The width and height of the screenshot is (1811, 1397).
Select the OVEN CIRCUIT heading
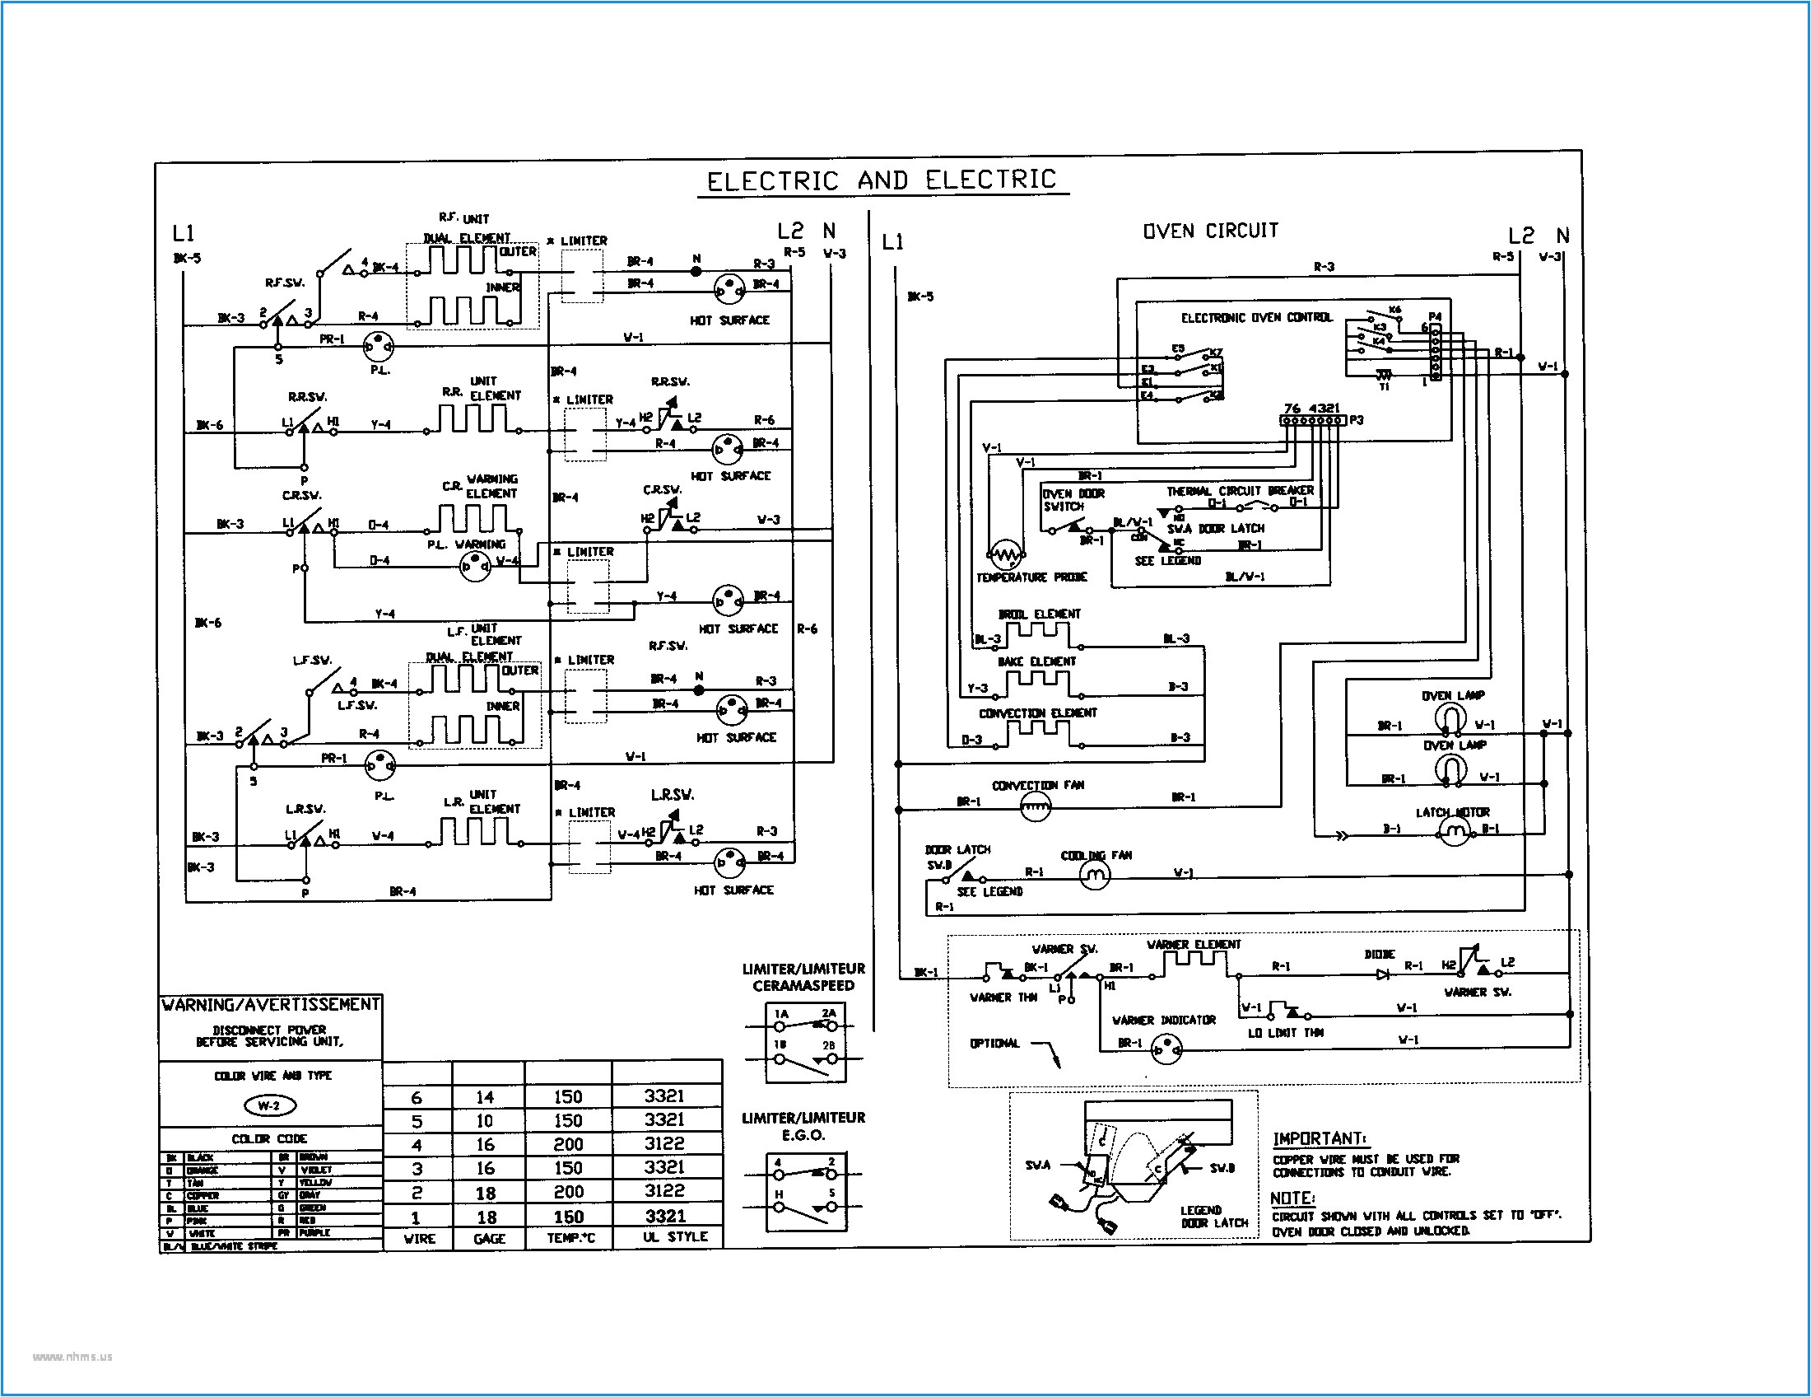click(x=1210, y=231)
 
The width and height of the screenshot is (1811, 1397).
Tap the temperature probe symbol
click(x=1006, y=554)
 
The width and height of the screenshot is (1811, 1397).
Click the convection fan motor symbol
click(x=1034, y=806)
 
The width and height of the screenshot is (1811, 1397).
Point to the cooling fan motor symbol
click(x=1094, y=876)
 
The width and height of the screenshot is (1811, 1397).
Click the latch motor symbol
click(x=1453, y=830)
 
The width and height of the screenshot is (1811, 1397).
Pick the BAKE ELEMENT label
click(x=1036, y=661)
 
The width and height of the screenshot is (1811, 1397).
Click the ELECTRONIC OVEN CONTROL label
click(x=1255, y=318)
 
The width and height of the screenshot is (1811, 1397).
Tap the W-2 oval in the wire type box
click(x=269, y=1105)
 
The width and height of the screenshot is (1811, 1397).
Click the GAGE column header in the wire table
click(x=488, y=1238)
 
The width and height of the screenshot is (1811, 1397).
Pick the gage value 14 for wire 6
click(x=485, y=1096)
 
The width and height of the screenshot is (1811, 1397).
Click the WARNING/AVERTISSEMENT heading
click(x=270, y=1005)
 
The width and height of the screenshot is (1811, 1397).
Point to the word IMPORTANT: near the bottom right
click(x=1320, y=1138)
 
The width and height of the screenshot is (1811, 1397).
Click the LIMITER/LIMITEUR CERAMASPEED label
click(x=803, y=977)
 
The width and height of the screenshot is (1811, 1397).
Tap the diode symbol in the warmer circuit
click(x=1382, y=974)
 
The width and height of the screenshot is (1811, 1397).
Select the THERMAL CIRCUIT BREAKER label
click(x=1240, y=491)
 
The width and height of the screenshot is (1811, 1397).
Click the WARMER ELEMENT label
click(x=1194, y=945)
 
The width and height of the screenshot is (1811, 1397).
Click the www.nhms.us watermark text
click(x=72, y=1357)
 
